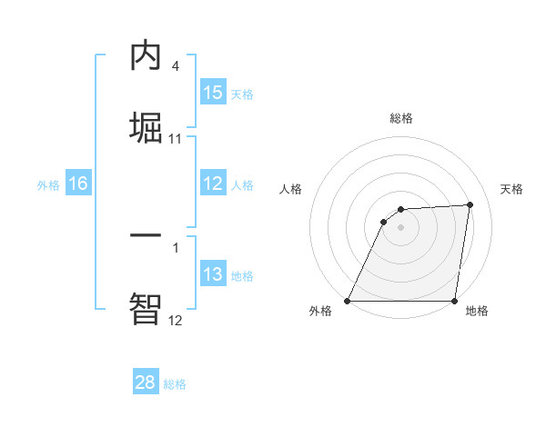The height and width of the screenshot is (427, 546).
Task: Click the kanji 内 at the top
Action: [146, 56]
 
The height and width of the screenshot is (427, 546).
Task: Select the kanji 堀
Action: [146, 126]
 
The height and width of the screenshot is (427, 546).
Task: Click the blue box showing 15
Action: [213, 93]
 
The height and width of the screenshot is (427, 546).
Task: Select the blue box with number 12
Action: [213, 184]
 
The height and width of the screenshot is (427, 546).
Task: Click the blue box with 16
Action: [78, 184]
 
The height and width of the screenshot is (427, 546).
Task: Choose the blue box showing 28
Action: [146, 382]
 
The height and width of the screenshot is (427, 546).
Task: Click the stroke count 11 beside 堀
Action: [176, 138]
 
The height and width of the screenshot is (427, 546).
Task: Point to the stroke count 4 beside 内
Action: [175, 65]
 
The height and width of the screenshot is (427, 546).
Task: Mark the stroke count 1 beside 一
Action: [175, 246]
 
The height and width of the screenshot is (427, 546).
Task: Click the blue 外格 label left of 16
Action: [48, 184]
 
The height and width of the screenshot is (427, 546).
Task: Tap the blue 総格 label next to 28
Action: [175, 384]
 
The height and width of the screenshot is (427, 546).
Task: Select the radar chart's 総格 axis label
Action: [401, 118]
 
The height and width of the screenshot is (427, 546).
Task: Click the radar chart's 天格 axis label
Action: [511, 189]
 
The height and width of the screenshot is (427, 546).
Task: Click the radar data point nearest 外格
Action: [348, 301]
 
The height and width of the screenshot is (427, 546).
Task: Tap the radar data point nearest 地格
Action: [454, 301]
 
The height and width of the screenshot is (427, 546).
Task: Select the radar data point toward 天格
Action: [470, 204]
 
